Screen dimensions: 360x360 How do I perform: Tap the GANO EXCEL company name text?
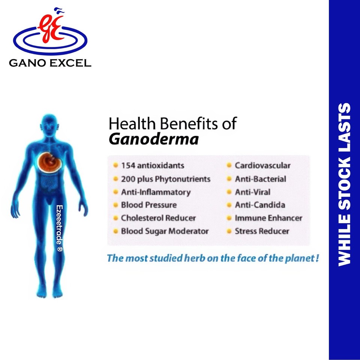pyautogui.click(x=50, y=63)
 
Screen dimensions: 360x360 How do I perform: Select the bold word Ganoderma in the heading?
pyautogui.click(x=153, y=139)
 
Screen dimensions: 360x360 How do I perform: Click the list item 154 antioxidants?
pyautogui.click(x=152, y=165)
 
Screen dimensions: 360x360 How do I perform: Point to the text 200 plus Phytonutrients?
pyautogui.click(x=165, y=179)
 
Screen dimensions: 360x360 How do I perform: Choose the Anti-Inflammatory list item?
pyautogui.click(x=156, y=192)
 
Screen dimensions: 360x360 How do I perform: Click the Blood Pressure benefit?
pyautogui.click(x=148, y=205)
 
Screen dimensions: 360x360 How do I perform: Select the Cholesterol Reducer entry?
pyautogui.click(x=158, y=218)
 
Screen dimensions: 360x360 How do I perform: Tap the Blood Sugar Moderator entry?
pyautogui.click(x=165, y=231)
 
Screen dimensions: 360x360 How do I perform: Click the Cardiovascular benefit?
pyautogui.click(x=262, y=165)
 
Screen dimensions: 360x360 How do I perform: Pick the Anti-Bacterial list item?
pyautogui.click(x=260, y=179)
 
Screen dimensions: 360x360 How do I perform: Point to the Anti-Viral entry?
pyautogui.click(x=252, y=192)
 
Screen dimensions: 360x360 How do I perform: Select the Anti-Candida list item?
pyautogui.click(x=260, y=205)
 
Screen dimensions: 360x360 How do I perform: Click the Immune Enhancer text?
pyautogui.click(x=268, y=218)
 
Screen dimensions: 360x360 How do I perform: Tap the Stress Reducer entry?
pyautogui.click(x=262, y=231)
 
